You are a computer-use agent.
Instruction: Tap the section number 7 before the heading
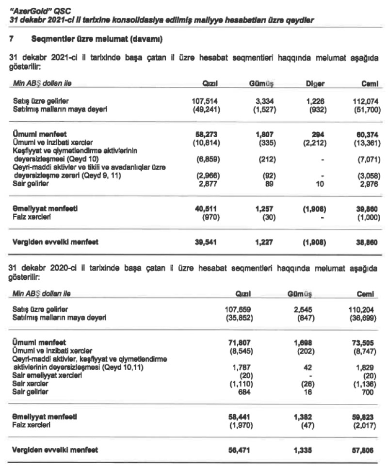(x=12, y=37)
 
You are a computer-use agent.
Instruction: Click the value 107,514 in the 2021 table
(x=206, y=101)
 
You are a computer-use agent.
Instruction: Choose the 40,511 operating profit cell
(x=207, y=208)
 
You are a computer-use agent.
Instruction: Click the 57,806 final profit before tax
(x=367, y=450)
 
